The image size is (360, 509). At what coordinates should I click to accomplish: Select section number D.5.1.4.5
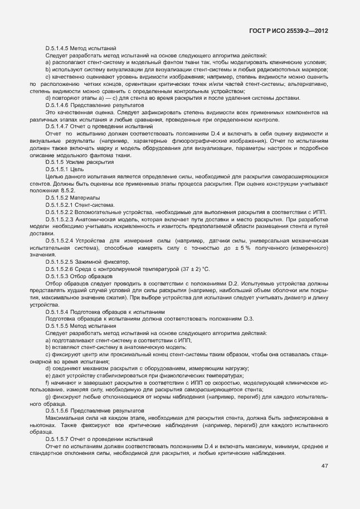point(60,49)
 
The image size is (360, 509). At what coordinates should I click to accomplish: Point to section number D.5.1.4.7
point(60,127)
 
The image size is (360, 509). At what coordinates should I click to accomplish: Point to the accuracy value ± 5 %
point(247,248)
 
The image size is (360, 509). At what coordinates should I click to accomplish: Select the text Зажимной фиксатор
point(102,262)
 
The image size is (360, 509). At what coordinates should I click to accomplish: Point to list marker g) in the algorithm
point(48,397)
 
